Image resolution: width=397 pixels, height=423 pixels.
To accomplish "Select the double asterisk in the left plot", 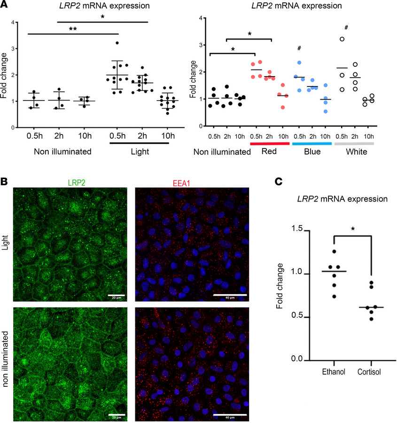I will click(x=72, y=29).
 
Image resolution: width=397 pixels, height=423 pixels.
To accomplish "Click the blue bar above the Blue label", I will click(x=310, y=143).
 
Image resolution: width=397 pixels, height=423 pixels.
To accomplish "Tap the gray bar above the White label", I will click(x=354, y=143).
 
